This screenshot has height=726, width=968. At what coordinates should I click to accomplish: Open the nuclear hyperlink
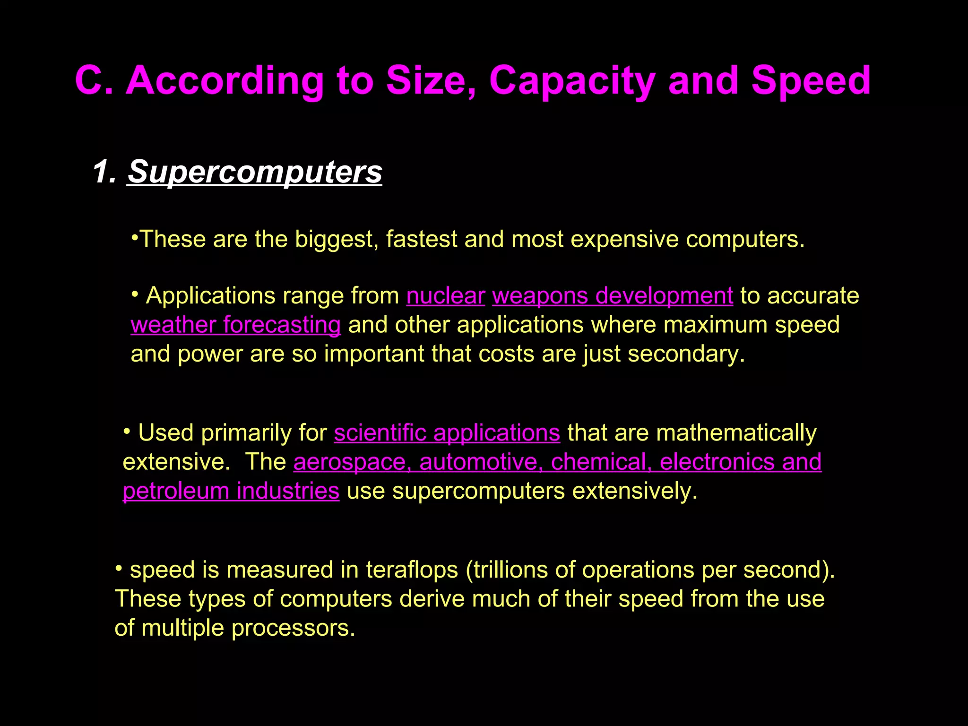(x=445, y=296)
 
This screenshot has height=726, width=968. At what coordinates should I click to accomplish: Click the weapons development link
(x=613, y=296)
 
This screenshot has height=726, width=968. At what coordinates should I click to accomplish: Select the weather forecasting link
(x=235, y=325)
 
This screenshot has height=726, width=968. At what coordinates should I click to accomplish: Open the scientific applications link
(x=447, y=433)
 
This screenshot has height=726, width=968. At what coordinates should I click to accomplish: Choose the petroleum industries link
(x=231, y=491)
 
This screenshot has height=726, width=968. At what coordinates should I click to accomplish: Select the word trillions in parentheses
(x=510, y=570)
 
